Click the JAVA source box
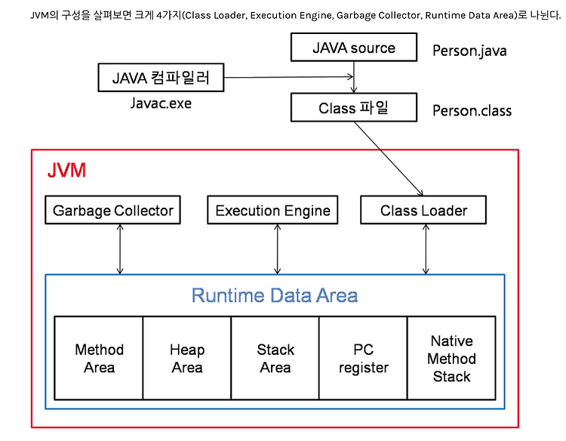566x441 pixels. [x=353, y=48]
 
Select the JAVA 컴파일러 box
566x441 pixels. [x=161, y=77]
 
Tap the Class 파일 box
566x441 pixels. [x=353, y=108]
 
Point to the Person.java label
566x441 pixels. [x=469, y=51]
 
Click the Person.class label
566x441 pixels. [x=472, y=111]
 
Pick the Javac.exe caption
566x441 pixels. [x=161, y=103]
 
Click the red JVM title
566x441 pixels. [x=66, y=170]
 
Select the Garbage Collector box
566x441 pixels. [x=113, y=211]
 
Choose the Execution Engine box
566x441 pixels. [x=272, y=211]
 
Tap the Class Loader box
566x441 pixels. [x=423, y=211]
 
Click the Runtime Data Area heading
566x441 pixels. [x=274, y=295]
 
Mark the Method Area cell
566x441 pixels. [x=99, y=358]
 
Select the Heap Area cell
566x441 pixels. [x=186, y=358]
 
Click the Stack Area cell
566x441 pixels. [x=275, y=358]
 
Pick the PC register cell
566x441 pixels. [x=363, y=358]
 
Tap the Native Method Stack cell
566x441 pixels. [x=451, y=358]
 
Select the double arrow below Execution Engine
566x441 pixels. [x=278, y=248]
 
